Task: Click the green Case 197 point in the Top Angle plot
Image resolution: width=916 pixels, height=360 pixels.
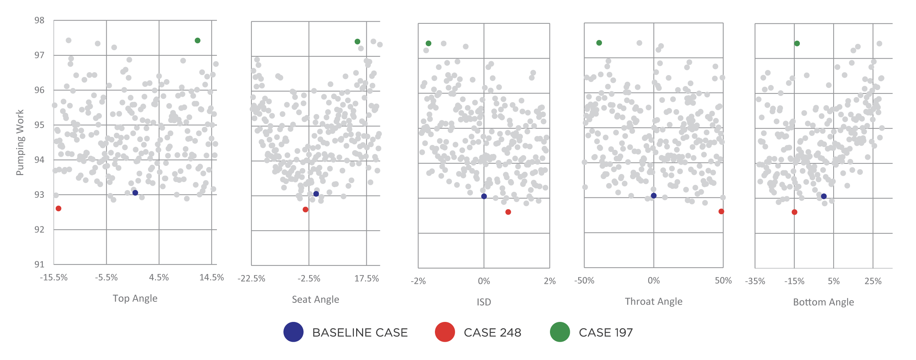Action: tap(197, 41)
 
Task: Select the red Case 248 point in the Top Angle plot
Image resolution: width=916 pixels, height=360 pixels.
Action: tap(59, 208)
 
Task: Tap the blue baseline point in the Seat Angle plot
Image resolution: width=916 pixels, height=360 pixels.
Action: tap(316, 194)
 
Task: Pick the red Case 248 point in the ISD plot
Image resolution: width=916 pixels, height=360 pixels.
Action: tap(508, 212)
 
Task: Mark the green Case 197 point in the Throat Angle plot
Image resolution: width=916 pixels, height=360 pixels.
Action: tap(599, 43)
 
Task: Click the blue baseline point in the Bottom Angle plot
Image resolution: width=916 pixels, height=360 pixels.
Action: tap(824, 196)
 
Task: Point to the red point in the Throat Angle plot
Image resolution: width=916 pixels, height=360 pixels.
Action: tap(721, 211)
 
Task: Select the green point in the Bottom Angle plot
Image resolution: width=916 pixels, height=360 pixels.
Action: tap(797, 44)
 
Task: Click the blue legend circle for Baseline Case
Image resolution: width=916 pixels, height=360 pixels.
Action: tap(293, 332)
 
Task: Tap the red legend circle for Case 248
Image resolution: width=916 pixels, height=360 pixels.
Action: tap(445, 332)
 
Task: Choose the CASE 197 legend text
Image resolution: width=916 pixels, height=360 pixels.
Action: tap(606, 333)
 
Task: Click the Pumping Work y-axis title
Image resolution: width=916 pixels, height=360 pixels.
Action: tap(20, 142)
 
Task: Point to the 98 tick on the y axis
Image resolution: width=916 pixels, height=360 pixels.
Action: tap(39, 21)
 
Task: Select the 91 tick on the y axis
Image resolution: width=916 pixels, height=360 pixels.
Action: tap(39, 264)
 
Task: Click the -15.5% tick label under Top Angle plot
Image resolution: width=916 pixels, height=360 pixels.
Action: tap(54, 278)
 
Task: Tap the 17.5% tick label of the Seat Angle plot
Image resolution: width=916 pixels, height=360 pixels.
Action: tap(366, 279)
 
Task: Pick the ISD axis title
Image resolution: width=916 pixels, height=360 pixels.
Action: tap(484, 302)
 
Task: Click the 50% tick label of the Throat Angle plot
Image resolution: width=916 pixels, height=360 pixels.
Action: tap(723, 281)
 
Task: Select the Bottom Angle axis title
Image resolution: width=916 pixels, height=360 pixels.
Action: tap(823, 302)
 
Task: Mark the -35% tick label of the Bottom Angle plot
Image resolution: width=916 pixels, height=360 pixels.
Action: tap(755, 281)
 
